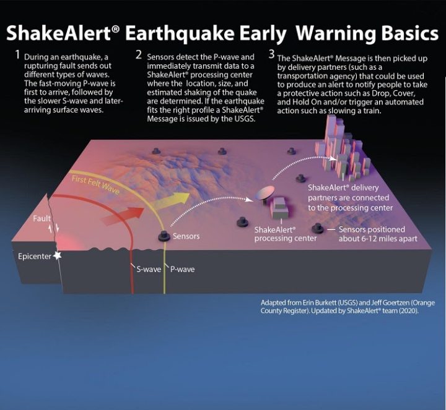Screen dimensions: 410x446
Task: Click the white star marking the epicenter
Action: [58, 255]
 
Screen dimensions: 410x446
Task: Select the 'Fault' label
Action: [42, 219]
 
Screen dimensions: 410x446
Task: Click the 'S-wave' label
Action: [149, 270]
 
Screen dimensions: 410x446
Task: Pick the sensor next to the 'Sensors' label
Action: [164, 236]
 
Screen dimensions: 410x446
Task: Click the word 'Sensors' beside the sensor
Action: [186, 236]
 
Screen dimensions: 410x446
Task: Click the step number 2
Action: [139, 54]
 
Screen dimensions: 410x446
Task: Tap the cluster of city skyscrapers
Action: [341, 148]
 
